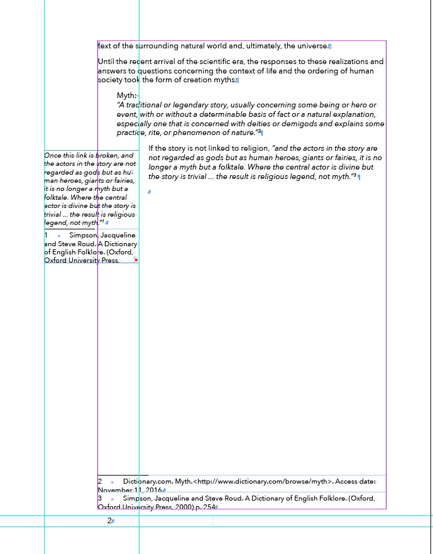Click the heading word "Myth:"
pos(126,95)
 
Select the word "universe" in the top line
pos(312,46)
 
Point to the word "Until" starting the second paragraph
pos(107,62)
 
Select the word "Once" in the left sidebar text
pos(52,155)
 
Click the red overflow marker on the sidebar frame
pos(136,259)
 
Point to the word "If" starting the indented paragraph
pos(151,148)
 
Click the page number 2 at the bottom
pos(109,521)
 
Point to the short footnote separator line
pos(123,475)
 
